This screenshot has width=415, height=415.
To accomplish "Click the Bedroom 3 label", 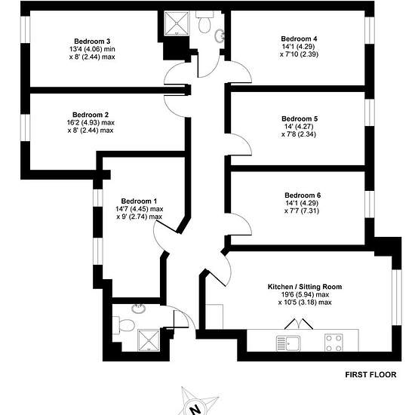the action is tap(92, 41).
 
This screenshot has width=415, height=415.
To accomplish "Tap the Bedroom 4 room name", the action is tap(299, 38).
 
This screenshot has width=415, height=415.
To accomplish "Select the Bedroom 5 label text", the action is tap(300, 118).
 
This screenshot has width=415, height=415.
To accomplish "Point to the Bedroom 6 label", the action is tap(303, 195).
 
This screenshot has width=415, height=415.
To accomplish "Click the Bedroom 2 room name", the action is tap(91, 115).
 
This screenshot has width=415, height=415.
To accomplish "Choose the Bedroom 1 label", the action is tap(139, 201).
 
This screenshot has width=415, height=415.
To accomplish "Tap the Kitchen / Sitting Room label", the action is tap(305, 287).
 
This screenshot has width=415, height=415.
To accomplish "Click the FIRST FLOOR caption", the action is tap(370, 375).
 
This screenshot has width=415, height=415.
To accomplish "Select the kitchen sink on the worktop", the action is tap(288, 343).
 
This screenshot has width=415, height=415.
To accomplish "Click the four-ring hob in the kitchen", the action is tap(334, 343).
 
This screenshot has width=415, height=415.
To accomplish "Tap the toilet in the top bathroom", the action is tap(204, 22).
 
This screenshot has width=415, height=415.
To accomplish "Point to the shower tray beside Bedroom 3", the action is tap(177, 23).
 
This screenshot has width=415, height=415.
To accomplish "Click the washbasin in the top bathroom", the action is tap(220, 35).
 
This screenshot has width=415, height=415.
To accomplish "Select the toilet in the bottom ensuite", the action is tap(124, 325).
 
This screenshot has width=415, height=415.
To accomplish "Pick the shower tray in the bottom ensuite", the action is tap(149, 340).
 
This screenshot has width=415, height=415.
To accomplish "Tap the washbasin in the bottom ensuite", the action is tap(139, 309).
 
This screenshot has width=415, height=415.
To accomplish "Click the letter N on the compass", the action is tap(196, 410).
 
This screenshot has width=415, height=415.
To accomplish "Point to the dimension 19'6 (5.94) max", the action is tap(305, 294).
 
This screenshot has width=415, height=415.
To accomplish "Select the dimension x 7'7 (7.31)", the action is tap(302, 211).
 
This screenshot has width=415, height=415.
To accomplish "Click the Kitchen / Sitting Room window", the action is tap(397, 297).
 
